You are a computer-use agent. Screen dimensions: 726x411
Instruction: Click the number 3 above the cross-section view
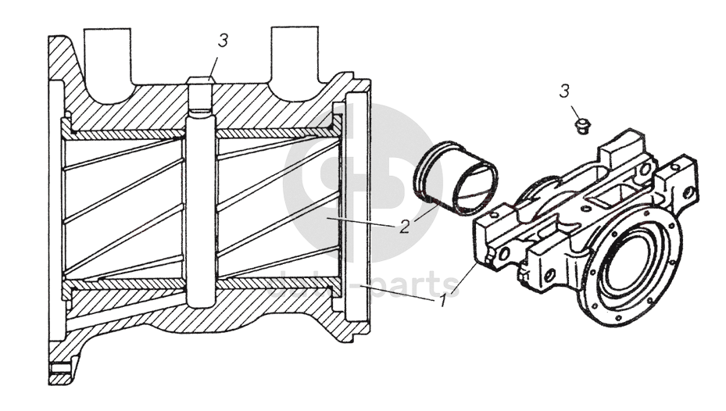click(224, 41)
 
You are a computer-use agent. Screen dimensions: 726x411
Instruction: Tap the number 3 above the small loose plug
click(563, 92)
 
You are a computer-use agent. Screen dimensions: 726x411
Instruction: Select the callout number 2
click(404, 227)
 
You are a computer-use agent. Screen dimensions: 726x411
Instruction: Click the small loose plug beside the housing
click(580, 124)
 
